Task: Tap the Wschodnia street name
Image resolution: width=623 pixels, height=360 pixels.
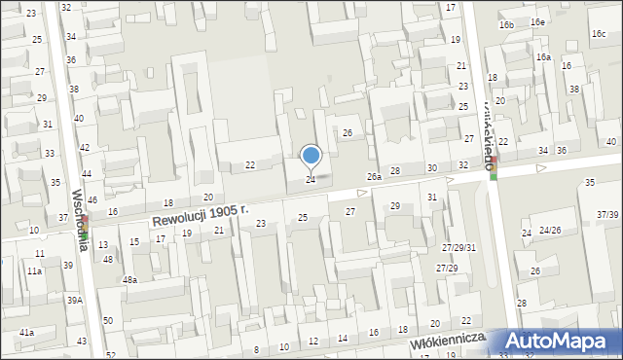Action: [x=82, y=220]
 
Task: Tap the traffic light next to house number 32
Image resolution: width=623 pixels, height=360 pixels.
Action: [x=494, y=167]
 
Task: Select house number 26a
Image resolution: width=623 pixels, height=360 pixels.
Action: [x=374, y=177]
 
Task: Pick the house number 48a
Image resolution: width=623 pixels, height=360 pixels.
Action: [x=129, y=279]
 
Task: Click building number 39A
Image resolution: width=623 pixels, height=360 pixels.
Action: [x=74, y=301]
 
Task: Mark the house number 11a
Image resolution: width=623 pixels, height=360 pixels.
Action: [x=34, y=271]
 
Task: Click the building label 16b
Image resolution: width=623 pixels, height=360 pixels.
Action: [x=506, y=24]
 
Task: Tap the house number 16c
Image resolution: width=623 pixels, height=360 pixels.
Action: [x=598, y=33]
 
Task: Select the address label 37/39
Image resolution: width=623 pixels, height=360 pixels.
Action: [x=607, y=214]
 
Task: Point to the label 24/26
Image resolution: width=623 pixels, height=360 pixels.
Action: [x=550, y=230]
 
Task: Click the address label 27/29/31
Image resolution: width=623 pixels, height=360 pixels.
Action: [x=458, y=247]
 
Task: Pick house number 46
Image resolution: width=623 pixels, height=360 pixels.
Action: [x=92, y=199]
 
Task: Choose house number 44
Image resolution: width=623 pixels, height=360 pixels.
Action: [x=87, y=173]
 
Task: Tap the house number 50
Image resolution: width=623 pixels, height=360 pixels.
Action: [x=107, y=320]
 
